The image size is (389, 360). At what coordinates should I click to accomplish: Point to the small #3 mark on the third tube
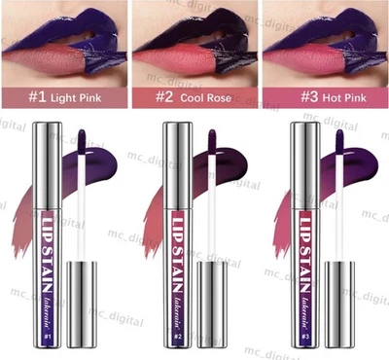[303, 337]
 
